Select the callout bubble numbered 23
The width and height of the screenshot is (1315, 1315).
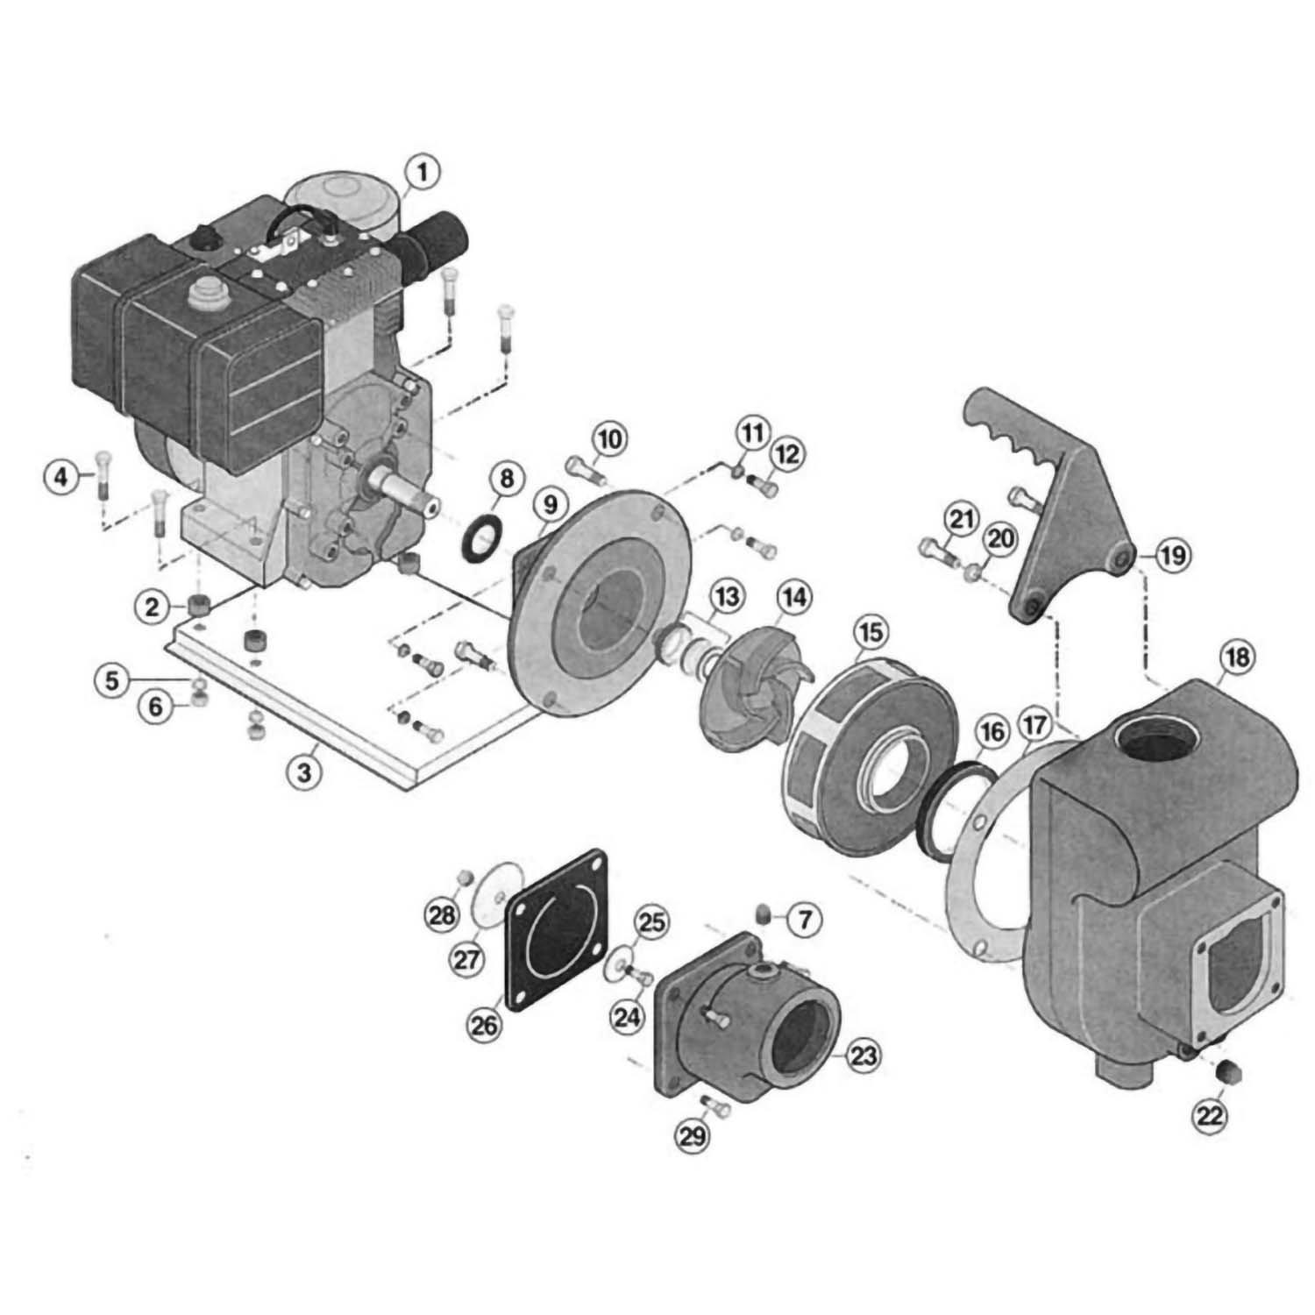[864, 1056]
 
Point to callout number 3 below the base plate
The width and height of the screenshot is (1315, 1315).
[303, 773]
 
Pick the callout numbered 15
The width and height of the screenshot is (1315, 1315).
[871, 630]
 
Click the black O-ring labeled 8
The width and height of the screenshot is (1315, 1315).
[479, 542]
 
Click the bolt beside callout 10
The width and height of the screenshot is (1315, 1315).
[581, 469]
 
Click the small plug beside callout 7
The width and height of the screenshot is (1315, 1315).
[764, 917]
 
